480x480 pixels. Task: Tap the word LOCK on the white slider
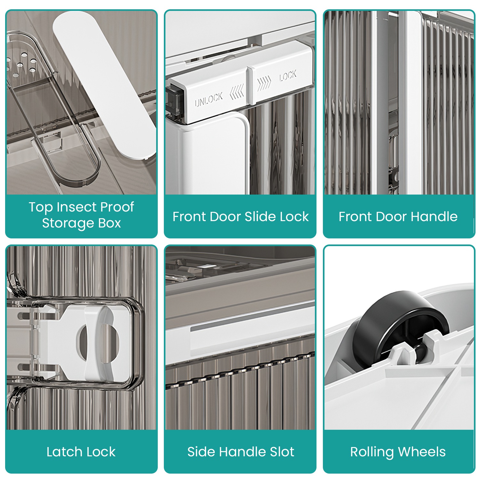288,76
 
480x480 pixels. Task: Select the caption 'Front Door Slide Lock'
241,217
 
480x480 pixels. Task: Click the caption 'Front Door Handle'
398,217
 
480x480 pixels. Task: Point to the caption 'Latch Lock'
81,452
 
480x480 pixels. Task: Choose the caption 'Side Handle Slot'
241,452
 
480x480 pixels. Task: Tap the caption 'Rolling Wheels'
398,452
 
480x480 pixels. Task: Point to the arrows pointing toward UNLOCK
237,93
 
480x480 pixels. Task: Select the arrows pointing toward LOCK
264,83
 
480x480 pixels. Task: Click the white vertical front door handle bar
414,102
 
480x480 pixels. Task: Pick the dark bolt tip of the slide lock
175,100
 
